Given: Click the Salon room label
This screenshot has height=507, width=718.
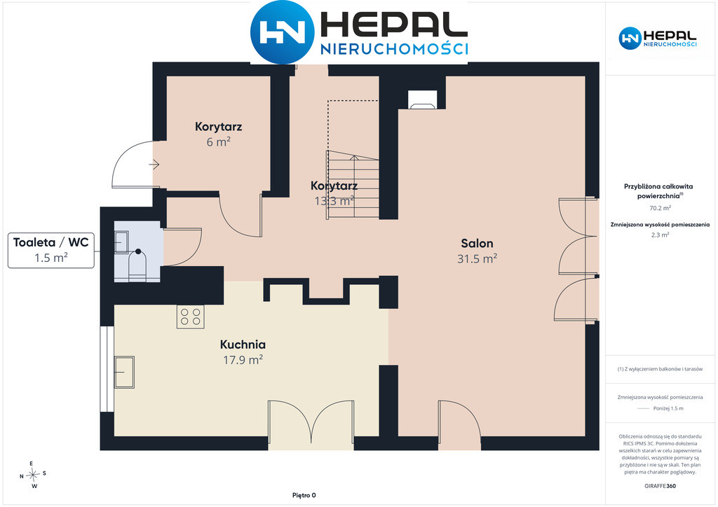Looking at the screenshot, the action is (477, 243).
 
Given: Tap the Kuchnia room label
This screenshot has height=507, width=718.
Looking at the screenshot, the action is (243, 345).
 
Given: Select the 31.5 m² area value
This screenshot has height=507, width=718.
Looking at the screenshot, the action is (477, 259).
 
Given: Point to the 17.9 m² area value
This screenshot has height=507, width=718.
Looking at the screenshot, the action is (243, 360).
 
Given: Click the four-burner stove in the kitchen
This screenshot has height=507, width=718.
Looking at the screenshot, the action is (191, 317).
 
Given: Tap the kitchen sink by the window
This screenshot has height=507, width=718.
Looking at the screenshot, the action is (124, 372).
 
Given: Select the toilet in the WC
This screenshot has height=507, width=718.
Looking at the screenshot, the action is (137, 266).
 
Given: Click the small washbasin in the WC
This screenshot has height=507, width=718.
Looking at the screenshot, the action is (121, 242).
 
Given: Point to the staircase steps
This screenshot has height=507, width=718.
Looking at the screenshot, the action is (353, 184).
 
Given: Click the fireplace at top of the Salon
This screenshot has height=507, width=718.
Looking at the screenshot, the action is (423, 99).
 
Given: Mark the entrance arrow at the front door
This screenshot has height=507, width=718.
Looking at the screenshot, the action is (154, 165).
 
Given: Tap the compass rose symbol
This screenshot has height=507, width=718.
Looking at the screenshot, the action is (33, 475).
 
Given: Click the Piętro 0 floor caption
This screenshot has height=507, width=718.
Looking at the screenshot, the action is (304, 495).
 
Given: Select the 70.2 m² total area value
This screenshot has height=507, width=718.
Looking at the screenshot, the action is (660, 208).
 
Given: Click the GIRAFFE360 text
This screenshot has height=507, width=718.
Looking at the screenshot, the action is (660, 486).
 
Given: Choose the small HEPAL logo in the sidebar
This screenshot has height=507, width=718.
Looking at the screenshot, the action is (658, 38).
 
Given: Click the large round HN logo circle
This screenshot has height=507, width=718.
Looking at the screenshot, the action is (282, 32).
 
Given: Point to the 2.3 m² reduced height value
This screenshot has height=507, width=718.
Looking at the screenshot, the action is (660, 235).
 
